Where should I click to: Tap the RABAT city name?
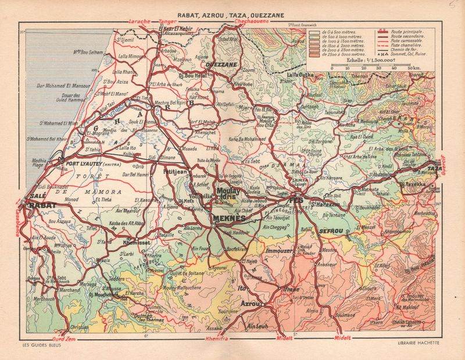point(42,205)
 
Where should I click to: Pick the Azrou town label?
point(250,303)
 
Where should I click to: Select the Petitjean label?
point(174,172)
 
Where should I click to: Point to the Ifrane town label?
point(291,289)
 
